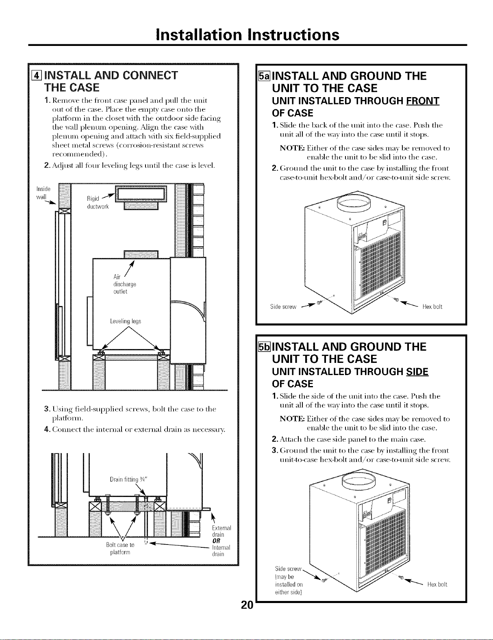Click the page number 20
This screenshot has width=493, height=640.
247,605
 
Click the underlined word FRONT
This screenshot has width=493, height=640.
423,101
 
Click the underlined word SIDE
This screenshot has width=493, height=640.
417,371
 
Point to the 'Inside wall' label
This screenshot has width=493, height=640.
43,193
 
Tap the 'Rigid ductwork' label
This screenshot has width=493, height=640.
98,202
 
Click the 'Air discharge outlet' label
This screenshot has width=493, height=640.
125,284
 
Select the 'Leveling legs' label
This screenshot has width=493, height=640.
126,321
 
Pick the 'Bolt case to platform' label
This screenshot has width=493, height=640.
120,549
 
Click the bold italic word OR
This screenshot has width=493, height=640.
217,541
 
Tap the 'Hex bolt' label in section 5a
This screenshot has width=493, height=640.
432,307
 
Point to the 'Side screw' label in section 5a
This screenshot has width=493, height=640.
283,307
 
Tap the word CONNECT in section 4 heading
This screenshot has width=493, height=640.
150,76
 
